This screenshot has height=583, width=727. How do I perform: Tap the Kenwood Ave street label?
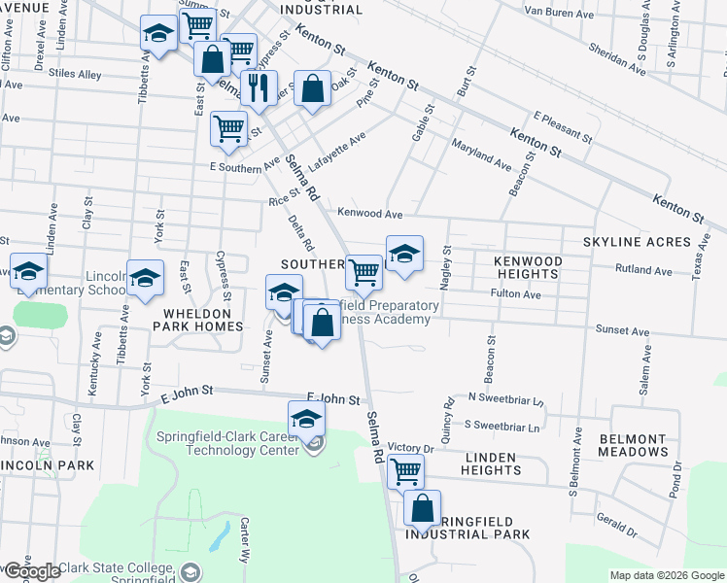coord(369,213)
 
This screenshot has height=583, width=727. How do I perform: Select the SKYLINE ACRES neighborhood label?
coord(636,241)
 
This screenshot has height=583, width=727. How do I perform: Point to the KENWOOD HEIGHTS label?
coord(528,267)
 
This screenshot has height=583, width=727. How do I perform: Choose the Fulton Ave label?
coord(515,293)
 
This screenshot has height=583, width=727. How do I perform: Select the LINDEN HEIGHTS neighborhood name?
coord(493,463)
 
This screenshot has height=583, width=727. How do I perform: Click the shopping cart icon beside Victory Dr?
coord(405,472)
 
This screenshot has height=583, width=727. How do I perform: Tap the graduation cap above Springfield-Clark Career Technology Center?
coord(306,418)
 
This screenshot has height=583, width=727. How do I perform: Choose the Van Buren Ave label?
coord(559,11)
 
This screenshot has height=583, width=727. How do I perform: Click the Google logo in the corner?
coord(31,571)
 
